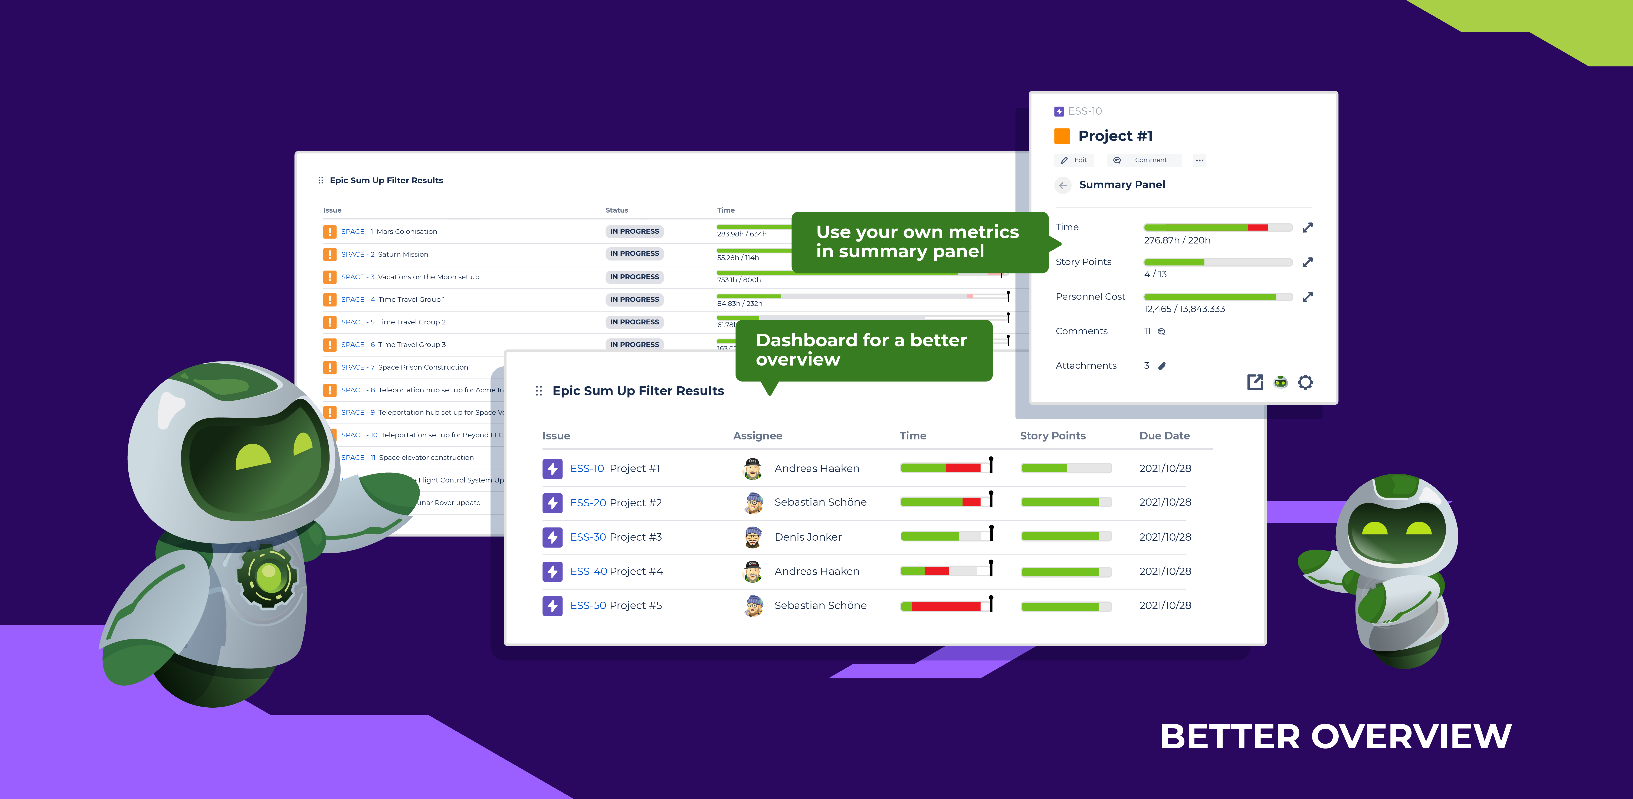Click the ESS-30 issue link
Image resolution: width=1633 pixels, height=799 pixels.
(588, 537)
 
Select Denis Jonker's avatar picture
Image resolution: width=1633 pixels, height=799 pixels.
(752, 537)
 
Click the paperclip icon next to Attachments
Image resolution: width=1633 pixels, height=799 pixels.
(1162, 366)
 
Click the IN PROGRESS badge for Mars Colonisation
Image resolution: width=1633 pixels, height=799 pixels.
(634, 232)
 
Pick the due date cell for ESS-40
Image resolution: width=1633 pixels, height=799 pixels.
(1164, 571)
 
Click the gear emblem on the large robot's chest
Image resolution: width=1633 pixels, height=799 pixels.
(268, 576)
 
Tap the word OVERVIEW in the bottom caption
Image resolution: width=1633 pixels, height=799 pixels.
(1410, 737)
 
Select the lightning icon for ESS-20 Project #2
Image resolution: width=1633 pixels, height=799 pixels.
(552, 503)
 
